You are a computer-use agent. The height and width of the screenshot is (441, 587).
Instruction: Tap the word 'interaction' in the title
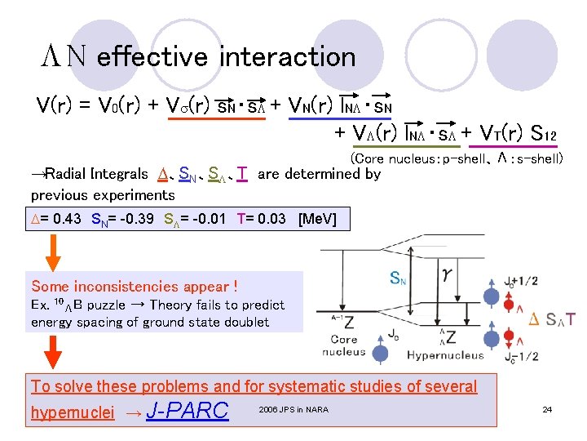(x=288, y=57)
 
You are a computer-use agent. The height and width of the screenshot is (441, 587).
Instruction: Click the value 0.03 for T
(x=273, y=219)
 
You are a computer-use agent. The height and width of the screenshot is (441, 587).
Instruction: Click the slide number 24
(x=547, y=408)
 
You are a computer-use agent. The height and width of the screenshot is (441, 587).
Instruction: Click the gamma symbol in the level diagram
(x=448, y=278)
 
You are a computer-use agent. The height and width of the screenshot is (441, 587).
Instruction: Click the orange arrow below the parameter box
(x=51, y=250)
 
